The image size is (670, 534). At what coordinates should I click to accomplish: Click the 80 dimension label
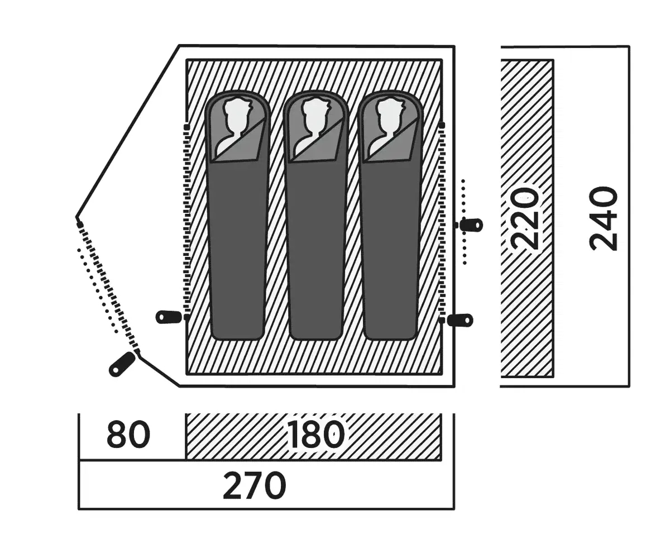click(128, 436)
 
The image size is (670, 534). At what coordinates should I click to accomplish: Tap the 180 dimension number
click(315, 436)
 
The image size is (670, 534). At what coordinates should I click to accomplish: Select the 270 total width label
click(254, 486)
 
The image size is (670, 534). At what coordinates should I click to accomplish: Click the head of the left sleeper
click(237, 115)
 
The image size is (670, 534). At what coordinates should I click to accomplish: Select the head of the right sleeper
click(389, 115)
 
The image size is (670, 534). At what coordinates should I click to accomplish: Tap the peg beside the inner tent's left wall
click(169, 317)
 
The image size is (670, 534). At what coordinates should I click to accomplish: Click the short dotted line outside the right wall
click(464, 221)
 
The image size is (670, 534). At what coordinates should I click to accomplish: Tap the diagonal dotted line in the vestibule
click(98, 290)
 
